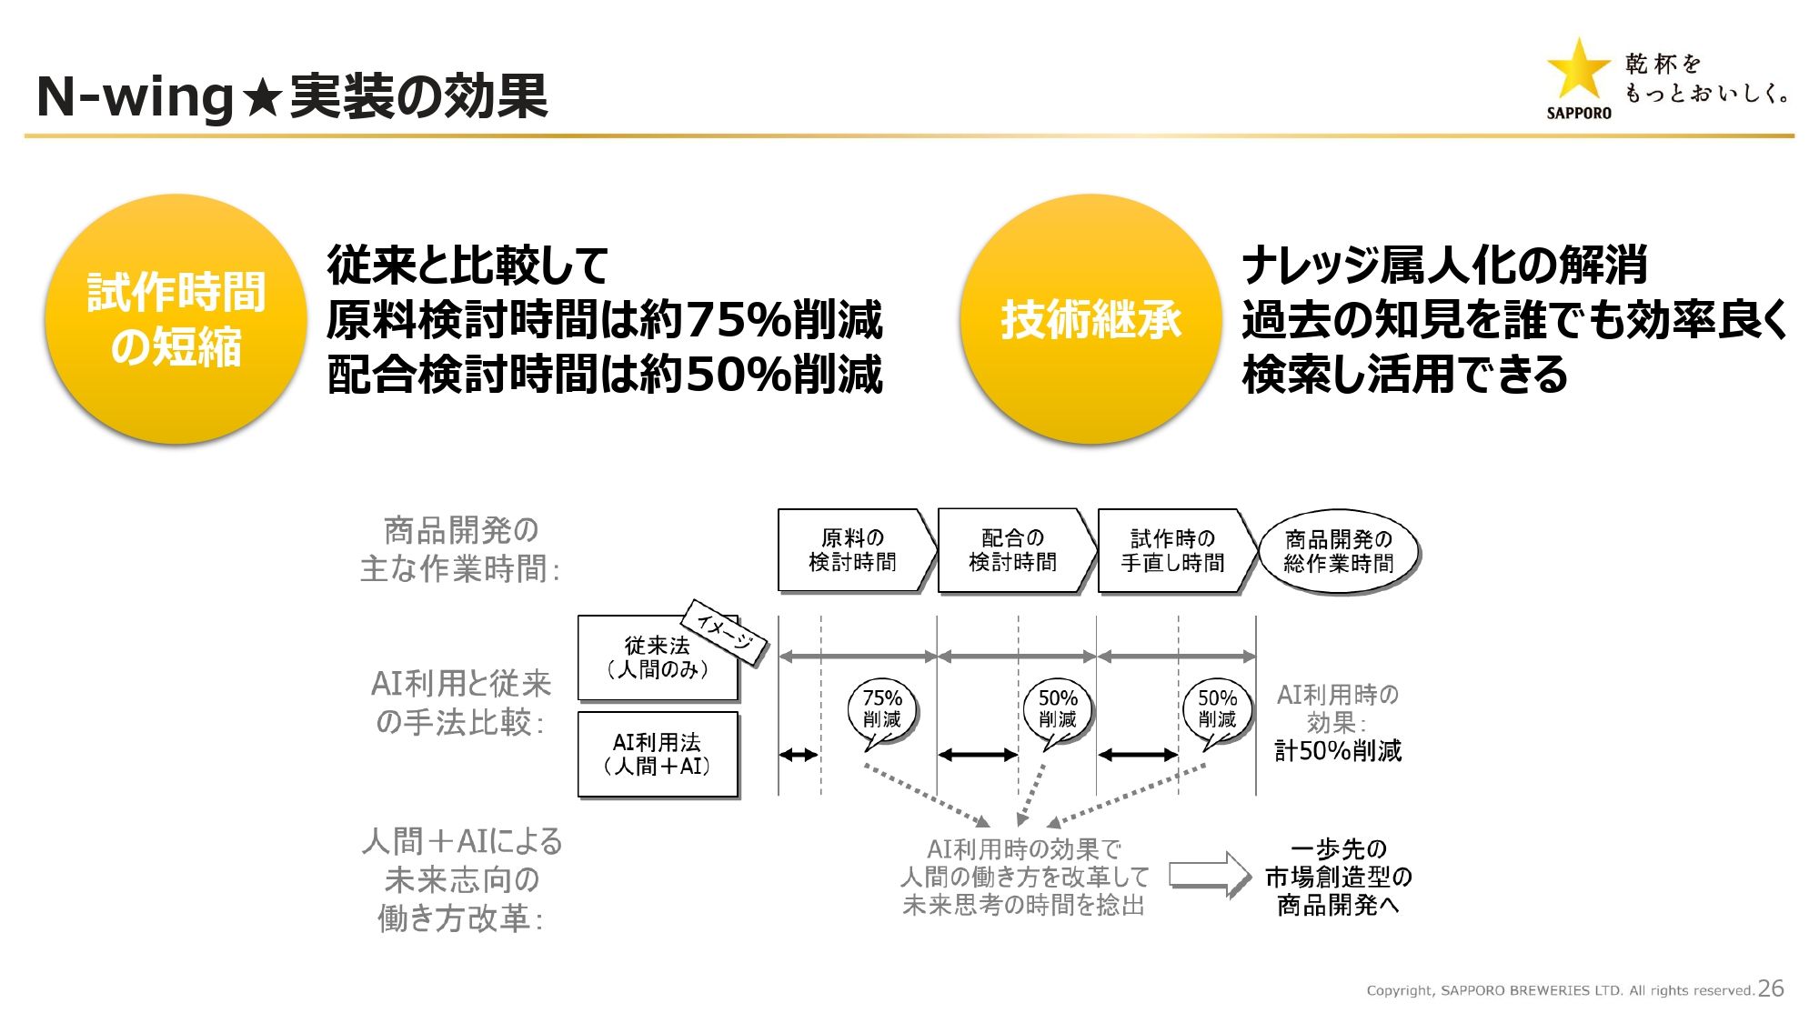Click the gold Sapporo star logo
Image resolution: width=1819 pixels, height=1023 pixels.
coord(1578,70)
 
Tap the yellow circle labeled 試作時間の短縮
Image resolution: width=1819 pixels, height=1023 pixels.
coord(176,318)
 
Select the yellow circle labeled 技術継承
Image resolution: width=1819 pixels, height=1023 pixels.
coord(1090,318)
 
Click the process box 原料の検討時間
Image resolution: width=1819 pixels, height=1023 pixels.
coord(853,550)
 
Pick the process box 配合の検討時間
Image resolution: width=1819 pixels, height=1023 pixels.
coord(1013,550)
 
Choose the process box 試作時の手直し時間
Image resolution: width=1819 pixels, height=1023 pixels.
coord(1173,550)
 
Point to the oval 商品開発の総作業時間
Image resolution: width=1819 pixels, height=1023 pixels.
coord(1338,551)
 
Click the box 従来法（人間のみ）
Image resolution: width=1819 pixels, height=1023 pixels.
coord(657,657)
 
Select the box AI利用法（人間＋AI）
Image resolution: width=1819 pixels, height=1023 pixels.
coord(657,755)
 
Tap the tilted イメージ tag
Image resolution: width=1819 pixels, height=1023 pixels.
coord(725,630)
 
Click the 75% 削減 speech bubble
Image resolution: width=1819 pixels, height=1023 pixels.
coord(881,709)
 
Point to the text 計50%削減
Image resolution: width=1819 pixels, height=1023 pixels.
coord(1338,751)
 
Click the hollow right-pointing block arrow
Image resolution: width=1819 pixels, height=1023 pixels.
coord(1210,875)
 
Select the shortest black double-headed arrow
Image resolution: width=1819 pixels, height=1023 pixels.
coord(799,754)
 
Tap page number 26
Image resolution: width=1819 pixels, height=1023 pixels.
coord(1771,988)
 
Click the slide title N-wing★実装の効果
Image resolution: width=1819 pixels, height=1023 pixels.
coord(292,96)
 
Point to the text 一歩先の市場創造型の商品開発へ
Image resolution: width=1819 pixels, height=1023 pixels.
coord(1338,877)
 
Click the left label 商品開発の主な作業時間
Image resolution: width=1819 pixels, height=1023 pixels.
coord(460,549)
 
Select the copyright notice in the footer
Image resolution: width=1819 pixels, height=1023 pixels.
coord(1560,990)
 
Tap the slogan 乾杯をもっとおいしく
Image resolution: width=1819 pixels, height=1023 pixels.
coord(1705,78)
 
